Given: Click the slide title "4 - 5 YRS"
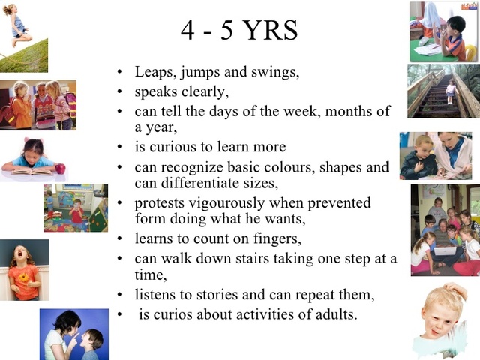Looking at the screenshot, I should (239, 31).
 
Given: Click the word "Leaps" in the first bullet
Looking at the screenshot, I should (153, 72).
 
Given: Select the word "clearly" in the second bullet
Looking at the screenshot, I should (205, 91).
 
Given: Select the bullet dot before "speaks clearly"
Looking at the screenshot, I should (120, 92).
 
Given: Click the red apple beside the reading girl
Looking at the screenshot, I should (60, 168).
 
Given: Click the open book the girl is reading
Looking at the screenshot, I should (30, 172).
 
